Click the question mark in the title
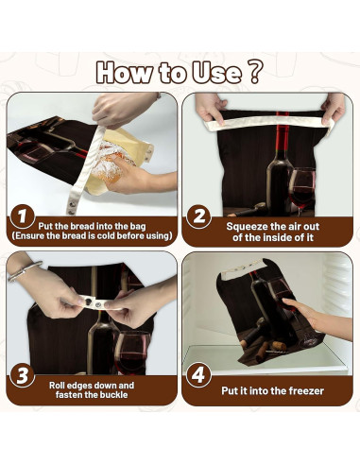click(256, 73)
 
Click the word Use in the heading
click(217, 73)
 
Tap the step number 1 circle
click(22, 216)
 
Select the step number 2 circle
click(198, 216)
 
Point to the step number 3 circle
click(22, 375)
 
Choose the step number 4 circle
click(198, 375)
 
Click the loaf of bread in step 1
click(110, 162)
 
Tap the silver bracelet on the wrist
click(25, 271)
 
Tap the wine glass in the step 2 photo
click(301, 190)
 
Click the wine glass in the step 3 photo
click(132, 353)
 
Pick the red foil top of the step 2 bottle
click(283, 133)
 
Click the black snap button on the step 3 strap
click(88, 301)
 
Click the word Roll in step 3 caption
click(57, 386)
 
